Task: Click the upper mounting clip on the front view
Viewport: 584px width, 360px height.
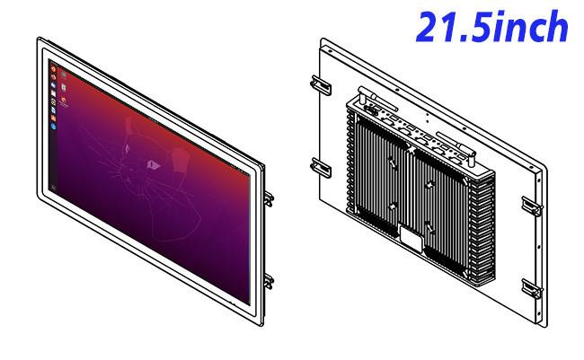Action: pos(269,198)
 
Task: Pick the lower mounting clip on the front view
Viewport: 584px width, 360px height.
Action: pos(269,281)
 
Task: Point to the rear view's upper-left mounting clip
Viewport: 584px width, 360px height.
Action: pos(321,85)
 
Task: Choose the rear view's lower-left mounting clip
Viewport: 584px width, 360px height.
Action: pos(321,168)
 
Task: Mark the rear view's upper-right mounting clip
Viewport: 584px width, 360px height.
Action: pos(531,206)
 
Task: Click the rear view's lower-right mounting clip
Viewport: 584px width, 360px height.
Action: pos(531,288)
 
